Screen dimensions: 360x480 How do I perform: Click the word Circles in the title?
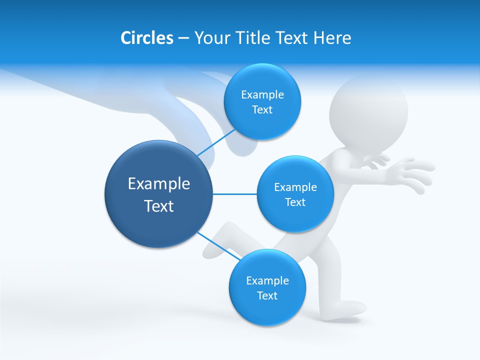click(146, 38)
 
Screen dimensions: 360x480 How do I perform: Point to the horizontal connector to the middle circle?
click(234, 194)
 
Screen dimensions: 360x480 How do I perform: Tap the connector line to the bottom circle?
click(218, 245)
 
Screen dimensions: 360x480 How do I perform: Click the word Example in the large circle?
click(159, 184)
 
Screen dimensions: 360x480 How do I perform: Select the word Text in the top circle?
click(262, 110)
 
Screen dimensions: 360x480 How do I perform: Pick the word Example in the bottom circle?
click(267, 280)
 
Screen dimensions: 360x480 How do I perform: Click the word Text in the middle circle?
click(295, 202)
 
